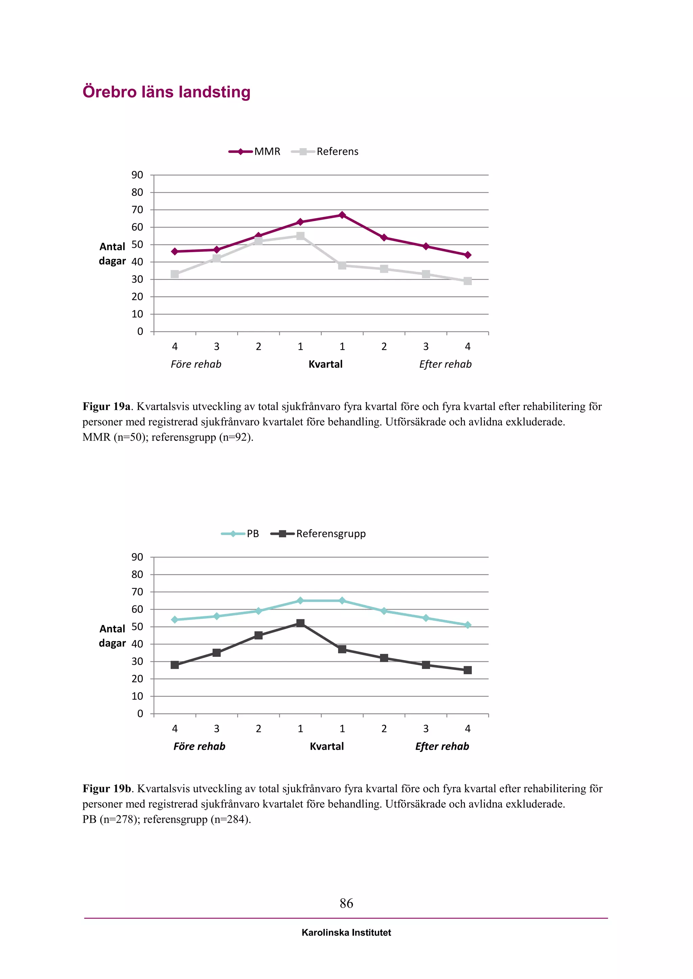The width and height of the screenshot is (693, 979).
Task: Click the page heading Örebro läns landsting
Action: click(166, 92)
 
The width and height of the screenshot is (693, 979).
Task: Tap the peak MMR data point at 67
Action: click(342, 215)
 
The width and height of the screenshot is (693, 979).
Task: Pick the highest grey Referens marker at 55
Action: click(300, 236)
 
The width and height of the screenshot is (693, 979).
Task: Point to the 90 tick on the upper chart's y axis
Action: click(137, 175)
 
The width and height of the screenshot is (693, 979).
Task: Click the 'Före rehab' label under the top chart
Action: click(196, 364)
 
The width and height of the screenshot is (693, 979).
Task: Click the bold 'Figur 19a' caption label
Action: click(106, 406)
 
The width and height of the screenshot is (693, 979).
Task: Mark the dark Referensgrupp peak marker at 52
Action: click(300, 623)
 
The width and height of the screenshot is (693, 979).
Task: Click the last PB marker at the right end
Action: click(468, 625)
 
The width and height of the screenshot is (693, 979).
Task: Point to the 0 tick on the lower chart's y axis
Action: click(140, 713)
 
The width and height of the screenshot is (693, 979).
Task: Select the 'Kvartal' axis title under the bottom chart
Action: click(327, 746)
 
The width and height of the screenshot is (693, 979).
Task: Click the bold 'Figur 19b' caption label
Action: click(107, 788)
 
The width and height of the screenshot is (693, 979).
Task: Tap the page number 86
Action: click(346, 903)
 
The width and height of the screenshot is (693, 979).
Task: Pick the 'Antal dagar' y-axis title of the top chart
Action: click(112, 254)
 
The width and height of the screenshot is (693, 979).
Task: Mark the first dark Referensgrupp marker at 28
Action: click(175, 665)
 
